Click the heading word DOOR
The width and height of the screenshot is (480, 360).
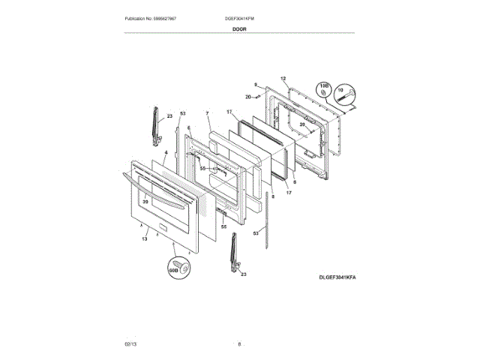point(239,28)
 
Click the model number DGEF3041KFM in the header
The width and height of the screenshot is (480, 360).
point(240,18)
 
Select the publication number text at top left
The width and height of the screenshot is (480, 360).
point(150,18)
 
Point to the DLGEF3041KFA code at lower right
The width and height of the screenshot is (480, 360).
point(337,277)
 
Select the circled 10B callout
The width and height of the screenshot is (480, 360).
point(325,88)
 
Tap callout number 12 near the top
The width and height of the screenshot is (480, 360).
point(283,79)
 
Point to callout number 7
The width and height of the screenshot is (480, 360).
point(206,114)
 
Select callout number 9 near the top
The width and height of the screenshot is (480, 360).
point(255,85)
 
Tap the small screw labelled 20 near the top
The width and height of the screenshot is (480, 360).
point(256,97)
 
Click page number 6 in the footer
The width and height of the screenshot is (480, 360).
point(239,344)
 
